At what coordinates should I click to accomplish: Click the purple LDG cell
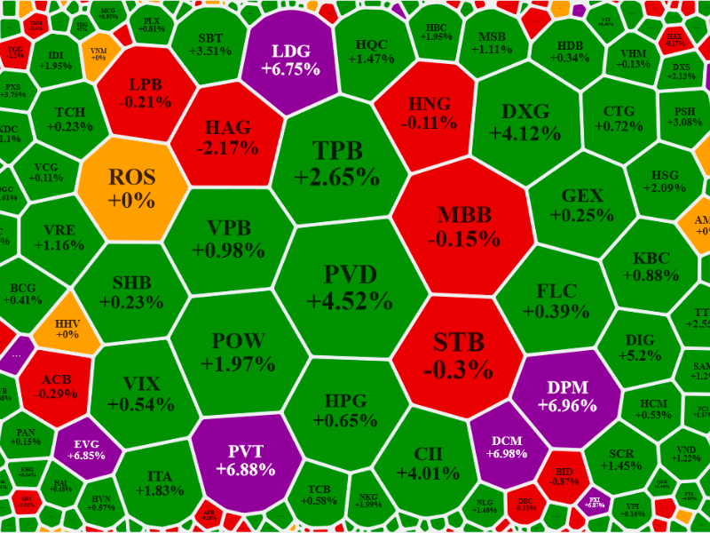[296, 60]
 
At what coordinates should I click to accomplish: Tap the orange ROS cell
[131, 187]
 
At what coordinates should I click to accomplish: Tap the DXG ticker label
[525, 112]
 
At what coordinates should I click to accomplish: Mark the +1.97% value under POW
[238, 363]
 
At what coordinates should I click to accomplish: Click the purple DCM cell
[506, 445]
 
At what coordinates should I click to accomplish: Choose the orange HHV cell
[67, 329]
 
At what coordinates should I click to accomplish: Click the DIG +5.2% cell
[640, 347]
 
